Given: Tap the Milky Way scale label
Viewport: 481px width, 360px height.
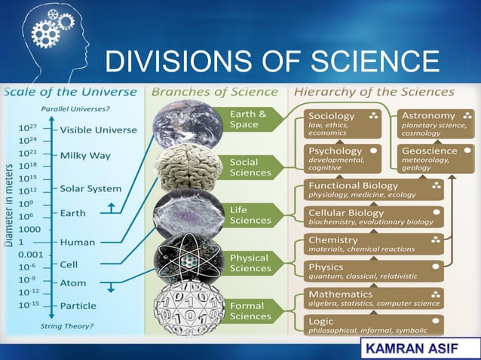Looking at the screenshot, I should pyautogui.click(x=85, y=155).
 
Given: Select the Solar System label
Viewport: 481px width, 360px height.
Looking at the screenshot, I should pyautogui.click(x=90, y=188).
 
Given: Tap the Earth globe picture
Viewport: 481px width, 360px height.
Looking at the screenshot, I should pyautogui.click(x=188, y=122).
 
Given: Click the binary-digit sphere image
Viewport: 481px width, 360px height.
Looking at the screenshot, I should pyautogui.click(x=188, y=308).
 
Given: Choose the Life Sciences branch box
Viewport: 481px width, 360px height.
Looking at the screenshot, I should pyautogui.click(x=250, y=215).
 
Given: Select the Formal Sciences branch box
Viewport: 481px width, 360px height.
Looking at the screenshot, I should pyautogui.click(x=250, y=311).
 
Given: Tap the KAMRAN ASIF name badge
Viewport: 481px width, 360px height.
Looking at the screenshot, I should pyautogui.click(x=417, y=348).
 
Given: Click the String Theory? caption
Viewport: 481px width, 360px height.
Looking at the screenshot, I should pyautogui.click(x=67, y=325).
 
